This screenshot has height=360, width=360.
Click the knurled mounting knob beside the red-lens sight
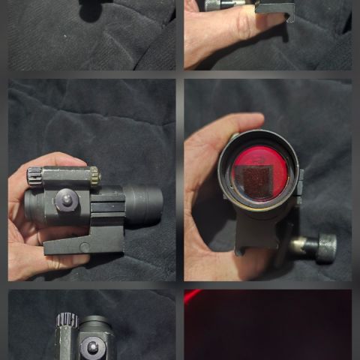(325, 247)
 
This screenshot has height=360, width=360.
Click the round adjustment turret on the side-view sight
(65, 199)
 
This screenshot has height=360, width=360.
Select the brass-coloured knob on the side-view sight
(94, 177)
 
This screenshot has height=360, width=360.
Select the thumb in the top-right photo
(225, 26)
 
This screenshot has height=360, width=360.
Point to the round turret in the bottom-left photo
(93, 346)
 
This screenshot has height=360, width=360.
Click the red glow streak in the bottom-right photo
(193, 295)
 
